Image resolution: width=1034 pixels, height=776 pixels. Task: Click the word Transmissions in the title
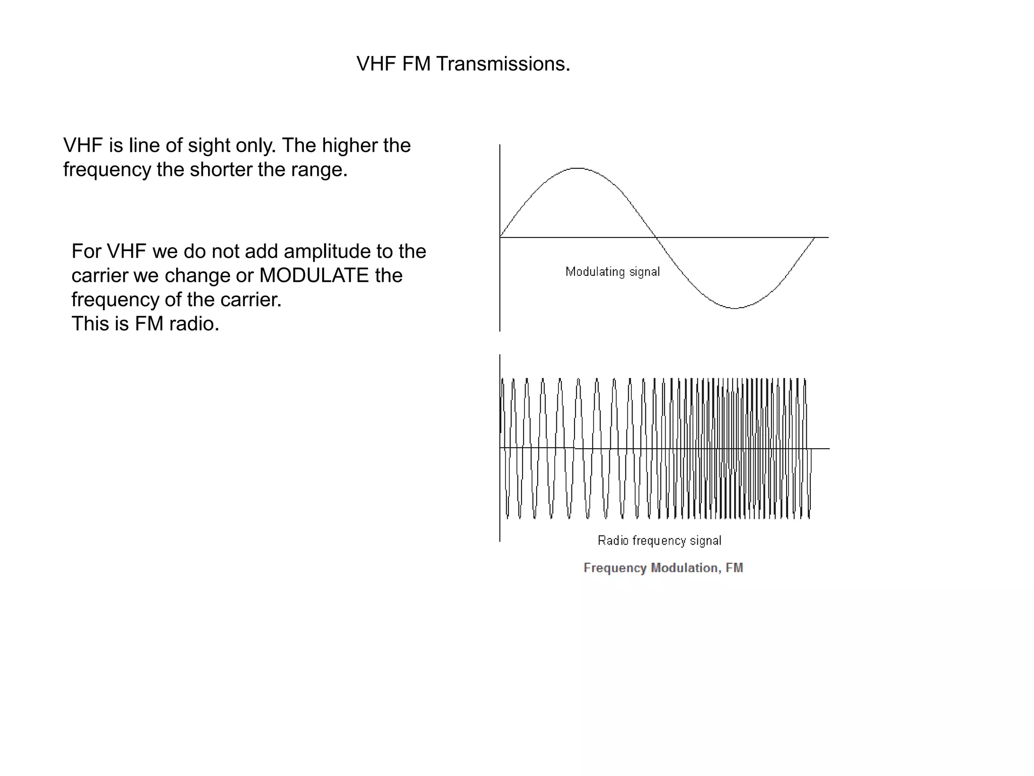503,64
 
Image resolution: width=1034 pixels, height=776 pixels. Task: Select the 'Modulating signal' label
612,272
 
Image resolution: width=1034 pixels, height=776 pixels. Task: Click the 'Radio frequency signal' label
659,541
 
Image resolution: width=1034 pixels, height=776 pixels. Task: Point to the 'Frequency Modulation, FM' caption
663,568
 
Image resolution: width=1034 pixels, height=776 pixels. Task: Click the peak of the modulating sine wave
577,168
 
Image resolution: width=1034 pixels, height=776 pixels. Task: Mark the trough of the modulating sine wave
735,308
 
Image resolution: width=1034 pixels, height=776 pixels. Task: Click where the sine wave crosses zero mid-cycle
656,237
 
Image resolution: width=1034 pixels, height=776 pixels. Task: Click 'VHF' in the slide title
376,64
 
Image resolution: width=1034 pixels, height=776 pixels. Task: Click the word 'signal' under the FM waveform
705,541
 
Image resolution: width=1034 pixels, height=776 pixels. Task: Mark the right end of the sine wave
814,237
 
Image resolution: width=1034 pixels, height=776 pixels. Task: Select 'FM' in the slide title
417,64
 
